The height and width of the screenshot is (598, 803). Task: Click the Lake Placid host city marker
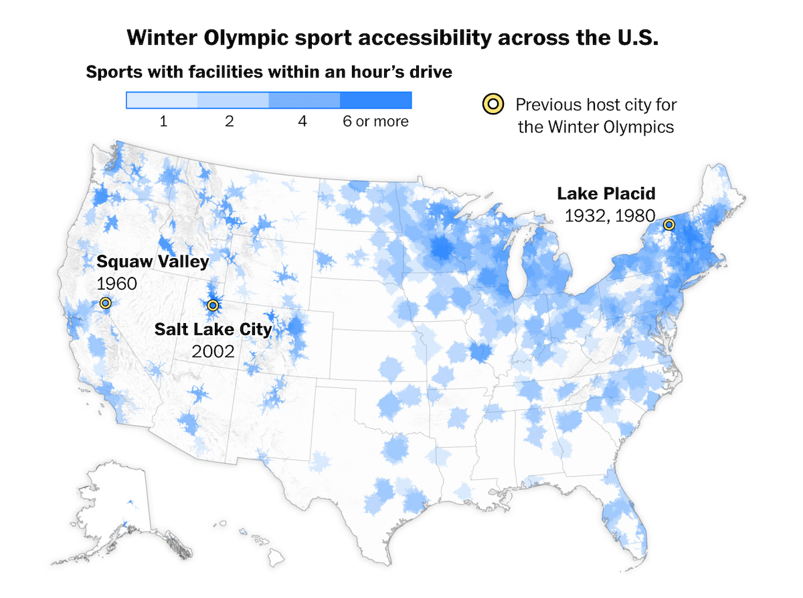(x=668, y=225)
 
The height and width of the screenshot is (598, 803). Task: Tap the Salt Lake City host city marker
(x=213, y=306)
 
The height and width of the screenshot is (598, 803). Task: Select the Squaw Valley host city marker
(x=104, y=303)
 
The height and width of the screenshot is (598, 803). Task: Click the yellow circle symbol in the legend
(x=493, y=104)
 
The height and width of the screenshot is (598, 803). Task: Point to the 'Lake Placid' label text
(x=606, y=194)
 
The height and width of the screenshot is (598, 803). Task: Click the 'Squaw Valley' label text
(x=153, y=262)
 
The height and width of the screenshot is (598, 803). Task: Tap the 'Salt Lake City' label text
(x=213, y=329)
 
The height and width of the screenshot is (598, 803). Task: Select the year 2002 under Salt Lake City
(x=213, y=351)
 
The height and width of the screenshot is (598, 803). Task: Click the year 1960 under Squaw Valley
(x=117, y=284)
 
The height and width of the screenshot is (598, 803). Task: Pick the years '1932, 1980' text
(x=609, y=215)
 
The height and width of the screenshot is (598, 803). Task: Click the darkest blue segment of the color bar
(x=375, y=100)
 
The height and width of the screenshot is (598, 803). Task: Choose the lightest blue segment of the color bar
(x=162, y=100)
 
